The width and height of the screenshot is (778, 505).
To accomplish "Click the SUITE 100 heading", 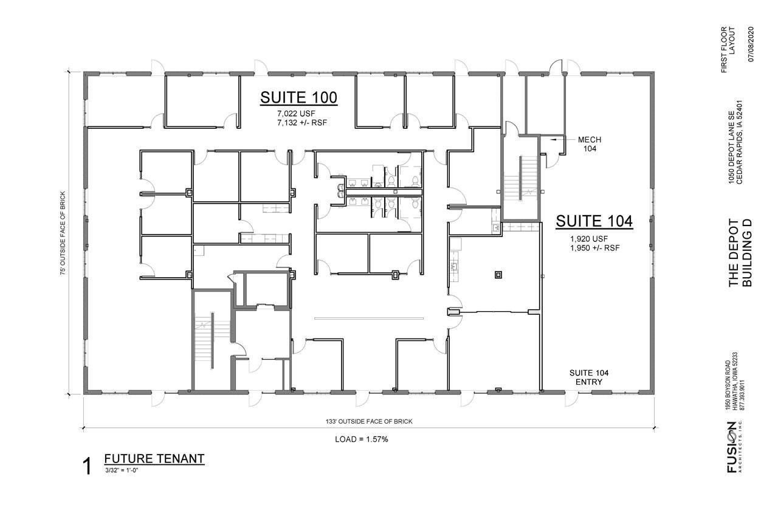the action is (298, 98).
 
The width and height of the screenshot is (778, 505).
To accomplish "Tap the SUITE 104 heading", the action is (594, 221).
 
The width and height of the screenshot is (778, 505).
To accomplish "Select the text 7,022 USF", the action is (296, 114).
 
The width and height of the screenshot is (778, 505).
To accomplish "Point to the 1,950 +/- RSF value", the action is (594, 248).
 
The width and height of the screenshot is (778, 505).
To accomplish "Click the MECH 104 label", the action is (590, 144).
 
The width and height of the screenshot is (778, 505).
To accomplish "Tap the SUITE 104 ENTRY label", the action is (589, 377).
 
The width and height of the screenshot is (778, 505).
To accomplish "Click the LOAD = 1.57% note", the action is (361, 439).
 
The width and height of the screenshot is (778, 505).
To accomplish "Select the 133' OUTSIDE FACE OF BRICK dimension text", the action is (369, 421).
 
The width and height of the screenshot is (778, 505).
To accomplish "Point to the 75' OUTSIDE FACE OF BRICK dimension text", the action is (63, 233).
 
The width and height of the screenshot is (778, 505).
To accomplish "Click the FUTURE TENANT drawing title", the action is (154, 459).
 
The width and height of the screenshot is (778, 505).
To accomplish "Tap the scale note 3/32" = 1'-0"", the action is (122, 470).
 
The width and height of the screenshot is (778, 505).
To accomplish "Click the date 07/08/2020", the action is (751, 44).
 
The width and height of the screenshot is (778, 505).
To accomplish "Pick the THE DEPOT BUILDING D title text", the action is (740, 253).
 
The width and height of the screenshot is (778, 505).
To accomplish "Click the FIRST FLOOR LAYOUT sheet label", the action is (728, 50).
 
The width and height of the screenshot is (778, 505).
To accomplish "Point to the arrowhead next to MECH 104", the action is (551, 140).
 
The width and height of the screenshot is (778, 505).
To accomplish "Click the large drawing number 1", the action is (87, 466).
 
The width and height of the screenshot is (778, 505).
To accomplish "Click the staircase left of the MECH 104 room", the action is (520, 178).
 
